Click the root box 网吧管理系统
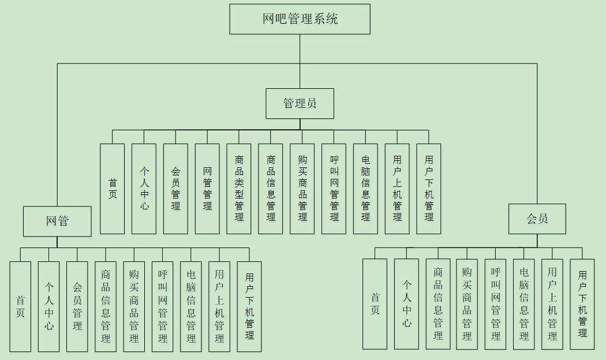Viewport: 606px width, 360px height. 300,19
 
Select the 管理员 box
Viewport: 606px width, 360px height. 300,103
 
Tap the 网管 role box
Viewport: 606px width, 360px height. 57,222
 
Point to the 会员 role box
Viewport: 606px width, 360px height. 537,219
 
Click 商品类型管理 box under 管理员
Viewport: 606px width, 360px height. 239,189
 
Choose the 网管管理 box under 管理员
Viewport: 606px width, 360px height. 207,189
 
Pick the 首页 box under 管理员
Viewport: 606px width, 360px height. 113,189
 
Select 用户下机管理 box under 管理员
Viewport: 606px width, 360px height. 429,189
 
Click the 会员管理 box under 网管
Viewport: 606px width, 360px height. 77,307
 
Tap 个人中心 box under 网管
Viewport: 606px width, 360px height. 48,307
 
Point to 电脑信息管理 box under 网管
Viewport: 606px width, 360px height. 191,307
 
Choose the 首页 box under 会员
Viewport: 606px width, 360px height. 375,304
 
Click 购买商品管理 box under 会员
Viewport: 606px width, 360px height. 467,305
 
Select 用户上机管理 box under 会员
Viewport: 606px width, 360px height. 552,305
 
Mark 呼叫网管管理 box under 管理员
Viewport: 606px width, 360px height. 334,189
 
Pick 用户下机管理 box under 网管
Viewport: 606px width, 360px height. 249,307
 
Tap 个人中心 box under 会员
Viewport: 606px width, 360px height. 406,304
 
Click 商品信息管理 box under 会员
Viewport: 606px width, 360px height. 438,304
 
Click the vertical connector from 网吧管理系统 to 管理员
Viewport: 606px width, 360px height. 300,61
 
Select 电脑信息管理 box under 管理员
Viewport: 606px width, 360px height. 365,189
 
